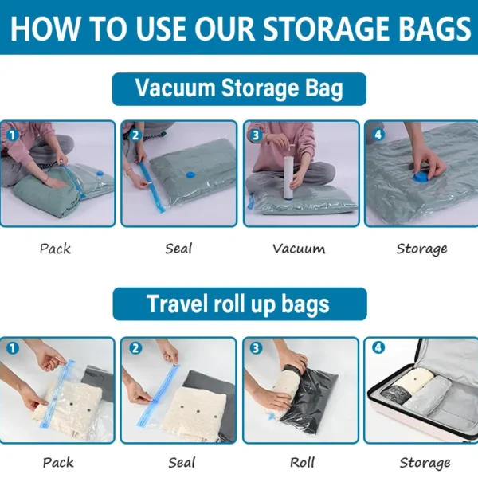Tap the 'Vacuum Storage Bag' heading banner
pos(239,89)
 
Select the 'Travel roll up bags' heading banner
pos(240,304)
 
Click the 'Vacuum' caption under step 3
pos(299,249)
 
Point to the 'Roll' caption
pos(302,462)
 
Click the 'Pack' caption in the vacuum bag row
pos(55,249)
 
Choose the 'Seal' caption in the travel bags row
pos(182,462)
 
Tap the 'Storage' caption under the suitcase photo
pos(425,463)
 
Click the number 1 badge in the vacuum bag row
pos(13,135)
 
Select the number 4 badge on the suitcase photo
pos(378,348)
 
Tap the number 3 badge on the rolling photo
pos(256,348)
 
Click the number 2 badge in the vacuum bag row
pos(135,135)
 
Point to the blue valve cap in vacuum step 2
pos(190,174)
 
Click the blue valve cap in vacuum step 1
pos(100,174)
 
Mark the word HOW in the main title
pos(45,29)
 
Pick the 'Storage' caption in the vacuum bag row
pos(421,249)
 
